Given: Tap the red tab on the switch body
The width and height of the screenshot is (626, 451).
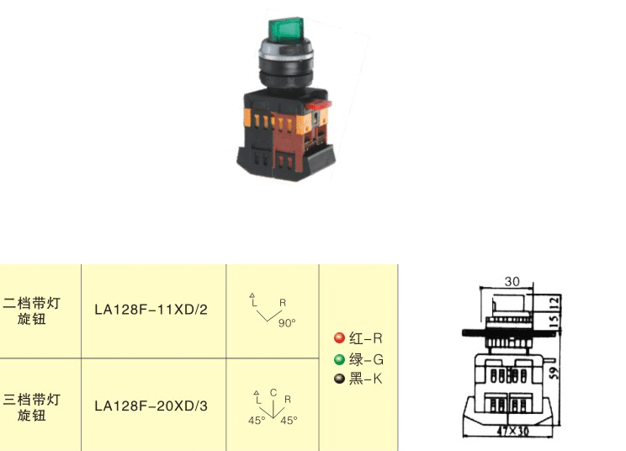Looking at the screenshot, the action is point(318,105).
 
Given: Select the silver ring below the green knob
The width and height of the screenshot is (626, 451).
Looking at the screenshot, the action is point(286,50).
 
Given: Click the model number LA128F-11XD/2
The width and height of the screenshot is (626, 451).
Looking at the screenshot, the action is point(151,310).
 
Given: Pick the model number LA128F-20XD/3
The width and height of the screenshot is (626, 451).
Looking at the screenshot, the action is point(151,406).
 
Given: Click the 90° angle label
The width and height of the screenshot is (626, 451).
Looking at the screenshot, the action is point(287,323).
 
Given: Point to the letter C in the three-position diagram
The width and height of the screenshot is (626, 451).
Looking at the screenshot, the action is point(273,393).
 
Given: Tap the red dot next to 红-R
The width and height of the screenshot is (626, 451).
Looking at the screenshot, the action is point(339,338).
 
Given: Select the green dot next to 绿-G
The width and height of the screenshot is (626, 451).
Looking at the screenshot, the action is point(339,359).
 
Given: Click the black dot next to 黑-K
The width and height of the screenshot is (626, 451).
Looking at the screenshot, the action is point(339,379).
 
